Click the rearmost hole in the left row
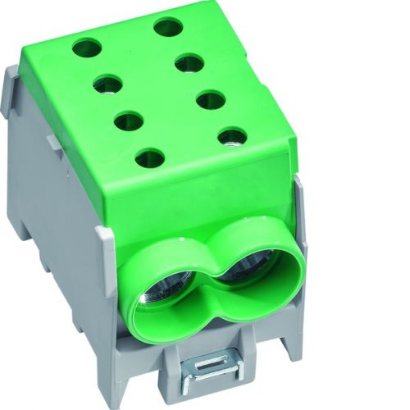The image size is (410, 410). [85, 48]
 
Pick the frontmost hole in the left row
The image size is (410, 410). [149, 157]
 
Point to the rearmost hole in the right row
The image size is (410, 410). [167, 27]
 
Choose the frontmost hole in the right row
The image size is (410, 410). [233, 136]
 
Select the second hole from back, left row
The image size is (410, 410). [107, 83]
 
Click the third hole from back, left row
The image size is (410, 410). [129, 121]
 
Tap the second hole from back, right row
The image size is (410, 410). [189, 63]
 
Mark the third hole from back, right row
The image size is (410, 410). [212, 100]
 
